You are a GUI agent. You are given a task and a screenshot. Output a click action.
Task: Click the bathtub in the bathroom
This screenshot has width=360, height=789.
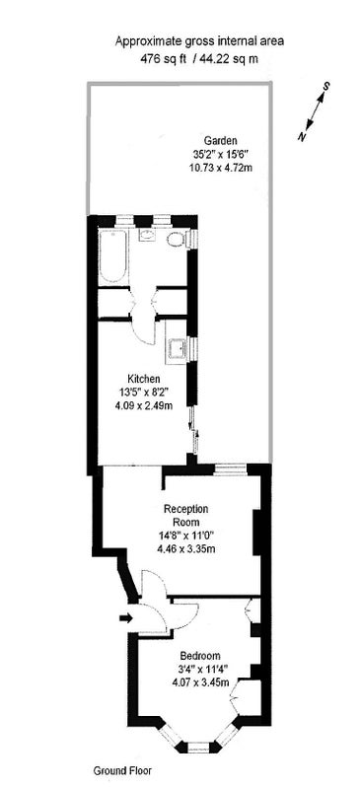[113, 256]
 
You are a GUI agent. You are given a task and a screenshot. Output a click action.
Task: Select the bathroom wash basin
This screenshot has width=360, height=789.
[147, 235]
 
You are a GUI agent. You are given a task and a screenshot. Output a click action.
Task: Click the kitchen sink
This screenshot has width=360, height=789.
[177, 348]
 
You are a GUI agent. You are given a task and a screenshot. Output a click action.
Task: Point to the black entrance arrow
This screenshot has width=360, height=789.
[126, 617]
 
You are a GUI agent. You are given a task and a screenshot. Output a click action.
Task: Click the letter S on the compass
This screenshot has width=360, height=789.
[326, 86]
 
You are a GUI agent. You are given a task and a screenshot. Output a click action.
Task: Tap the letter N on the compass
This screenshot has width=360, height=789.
[302, 135]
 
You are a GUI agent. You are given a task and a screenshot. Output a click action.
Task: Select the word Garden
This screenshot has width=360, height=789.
[220, 140]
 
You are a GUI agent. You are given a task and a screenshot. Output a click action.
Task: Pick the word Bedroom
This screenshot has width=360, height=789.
[200, 656]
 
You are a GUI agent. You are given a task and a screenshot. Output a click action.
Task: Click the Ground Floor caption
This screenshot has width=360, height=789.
[122, 770]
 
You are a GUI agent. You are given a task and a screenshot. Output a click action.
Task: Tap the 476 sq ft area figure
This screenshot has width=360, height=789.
[164, 58]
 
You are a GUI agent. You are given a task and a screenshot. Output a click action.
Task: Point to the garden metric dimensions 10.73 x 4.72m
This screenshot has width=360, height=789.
[220, 168]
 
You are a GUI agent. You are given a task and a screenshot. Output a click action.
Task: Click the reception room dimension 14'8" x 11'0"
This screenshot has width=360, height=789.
[185, 536]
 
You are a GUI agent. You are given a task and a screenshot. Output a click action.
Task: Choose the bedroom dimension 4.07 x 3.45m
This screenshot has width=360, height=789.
[200, 682]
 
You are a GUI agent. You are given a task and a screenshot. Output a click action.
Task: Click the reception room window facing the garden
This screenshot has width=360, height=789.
[230, 470]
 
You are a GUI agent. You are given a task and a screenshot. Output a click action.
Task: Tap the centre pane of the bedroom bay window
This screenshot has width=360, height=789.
[198, 749]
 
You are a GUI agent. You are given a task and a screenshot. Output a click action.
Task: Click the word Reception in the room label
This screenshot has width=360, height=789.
[185, 508]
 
